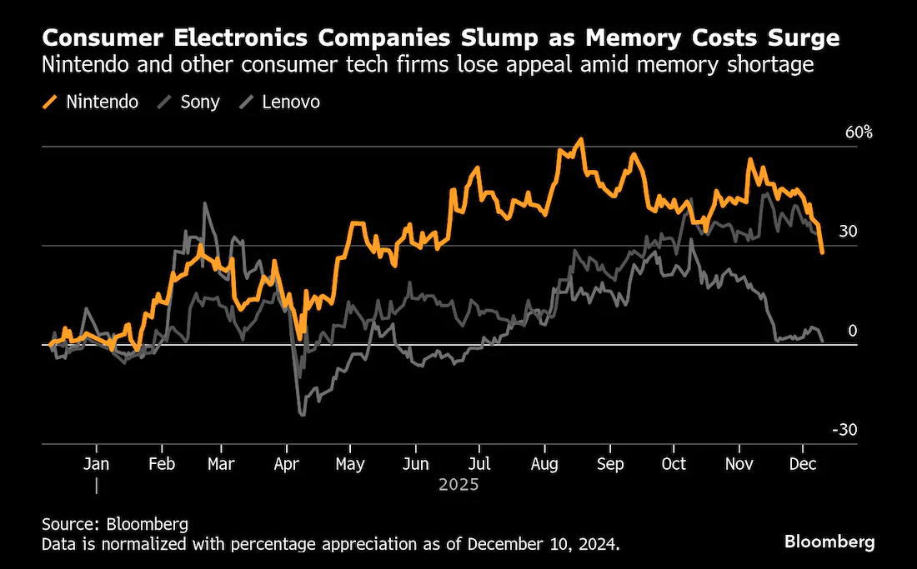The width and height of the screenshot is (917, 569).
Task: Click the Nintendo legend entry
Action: [91, 102]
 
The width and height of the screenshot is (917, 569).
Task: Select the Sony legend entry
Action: [188, 102]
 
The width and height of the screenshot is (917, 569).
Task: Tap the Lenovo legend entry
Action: [279, 102]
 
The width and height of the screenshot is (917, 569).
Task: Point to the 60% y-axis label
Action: [859, 132]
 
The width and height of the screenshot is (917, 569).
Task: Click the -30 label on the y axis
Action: [844, 430]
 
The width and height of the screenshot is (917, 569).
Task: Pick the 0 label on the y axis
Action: [852, 331]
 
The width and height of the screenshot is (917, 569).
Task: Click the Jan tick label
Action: [96, 464]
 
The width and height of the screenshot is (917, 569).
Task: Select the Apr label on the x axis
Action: [287, 464]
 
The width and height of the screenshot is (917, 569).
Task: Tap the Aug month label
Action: [544, 464]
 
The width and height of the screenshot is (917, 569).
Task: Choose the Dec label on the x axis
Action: [803, 464]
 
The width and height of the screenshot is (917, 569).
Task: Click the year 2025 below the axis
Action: [458, 485]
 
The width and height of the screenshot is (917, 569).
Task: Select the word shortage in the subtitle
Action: [770, 64]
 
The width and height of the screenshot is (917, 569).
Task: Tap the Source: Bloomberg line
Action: [115, 523]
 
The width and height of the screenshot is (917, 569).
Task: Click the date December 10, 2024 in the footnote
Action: [542, 545]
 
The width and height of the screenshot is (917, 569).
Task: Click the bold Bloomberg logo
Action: [829, 542]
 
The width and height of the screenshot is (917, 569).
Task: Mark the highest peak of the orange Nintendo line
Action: [581, 139]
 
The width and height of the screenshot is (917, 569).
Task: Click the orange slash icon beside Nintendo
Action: [51, 102]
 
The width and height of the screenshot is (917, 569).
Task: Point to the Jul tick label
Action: [479, 464]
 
